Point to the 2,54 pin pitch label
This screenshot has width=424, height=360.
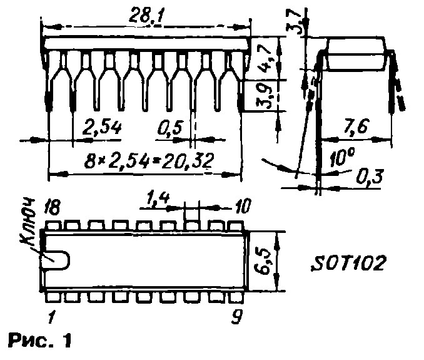coord(102,127)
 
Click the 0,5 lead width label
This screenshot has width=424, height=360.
coord(171,128)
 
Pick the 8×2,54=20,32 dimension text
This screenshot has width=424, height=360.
coord(149,160)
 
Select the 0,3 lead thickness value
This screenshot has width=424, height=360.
coord(370,177)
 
